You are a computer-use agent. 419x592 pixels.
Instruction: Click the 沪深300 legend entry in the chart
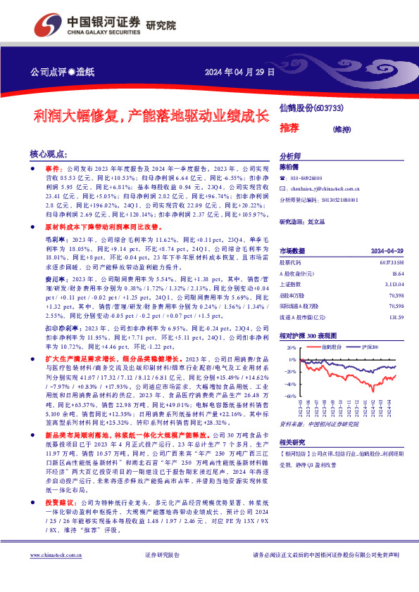(369, 347)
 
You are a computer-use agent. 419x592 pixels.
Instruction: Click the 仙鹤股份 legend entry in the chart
(330, 347)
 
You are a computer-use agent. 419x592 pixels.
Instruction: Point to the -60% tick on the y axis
(290, 397)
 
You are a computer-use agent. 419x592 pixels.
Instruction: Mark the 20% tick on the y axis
(291, 348)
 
